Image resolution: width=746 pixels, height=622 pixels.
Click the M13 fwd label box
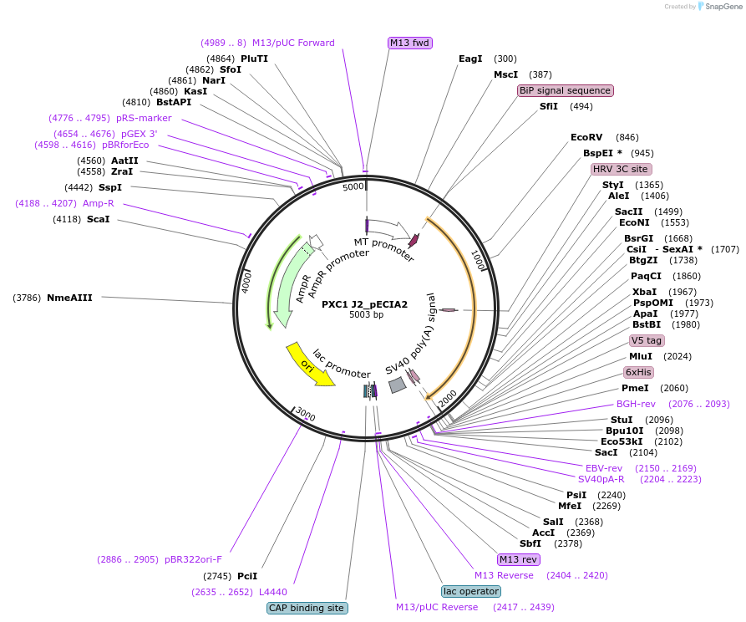[410, 43]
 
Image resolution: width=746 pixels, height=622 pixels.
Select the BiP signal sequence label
[565, 90]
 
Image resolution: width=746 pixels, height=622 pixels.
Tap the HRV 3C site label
[621, 169]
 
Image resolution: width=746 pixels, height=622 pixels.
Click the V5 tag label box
[647, 340]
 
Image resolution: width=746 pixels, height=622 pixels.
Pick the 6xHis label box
[638, 372]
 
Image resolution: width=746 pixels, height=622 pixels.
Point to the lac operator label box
[471, 591]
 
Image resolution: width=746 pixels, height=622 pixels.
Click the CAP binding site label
[307, 608]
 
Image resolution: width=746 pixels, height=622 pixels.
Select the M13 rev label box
[518, 559]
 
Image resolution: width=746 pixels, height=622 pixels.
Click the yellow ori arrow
[310, 364]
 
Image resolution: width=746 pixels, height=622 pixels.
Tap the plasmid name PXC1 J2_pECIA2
[366, 304]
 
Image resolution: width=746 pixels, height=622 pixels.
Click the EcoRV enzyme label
[586, 137]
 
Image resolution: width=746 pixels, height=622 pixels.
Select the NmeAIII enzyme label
[69, 297]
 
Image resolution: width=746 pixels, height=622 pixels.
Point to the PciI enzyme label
[247, 576]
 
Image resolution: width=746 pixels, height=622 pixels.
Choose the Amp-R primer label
[99, 203]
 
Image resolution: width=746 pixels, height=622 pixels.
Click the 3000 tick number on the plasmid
[305, 415]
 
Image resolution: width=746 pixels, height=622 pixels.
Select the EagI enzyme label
[470, 59]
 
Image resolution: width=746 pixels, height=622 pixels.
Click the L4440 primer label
[273, 592]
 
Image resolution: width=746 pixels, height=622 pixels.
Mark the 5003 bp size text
[366, 315]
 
